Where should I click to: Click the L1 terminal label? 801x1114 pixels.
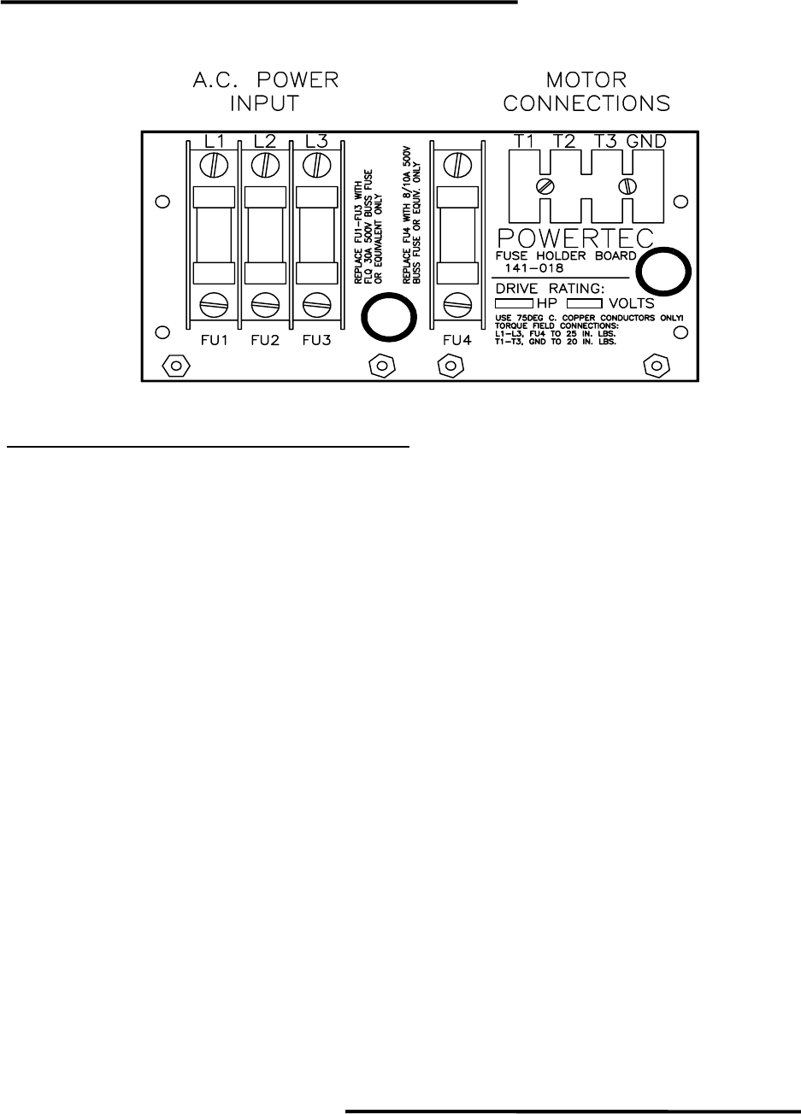pyautogui.click(x=213, y=139)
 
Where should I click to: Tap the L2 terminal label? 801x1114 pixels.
pyautogui.click(x=265, y=139)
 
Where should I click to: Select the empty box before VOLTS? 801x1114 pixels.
pyautogui.click(x=586, y=303)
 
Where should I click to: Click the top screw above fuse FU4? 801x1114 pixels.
pyautogui.click(x=457, y=162)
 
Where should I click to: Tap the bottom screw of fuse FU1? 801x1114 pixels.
pyautogui.click(x=213, y=302)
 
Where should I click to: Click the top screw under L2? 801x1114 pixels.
pyautogui.click(x=265, y=162)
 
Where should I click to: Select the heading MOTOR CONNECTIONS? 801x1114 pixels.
pyautogui.click(x=586, y=92)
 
